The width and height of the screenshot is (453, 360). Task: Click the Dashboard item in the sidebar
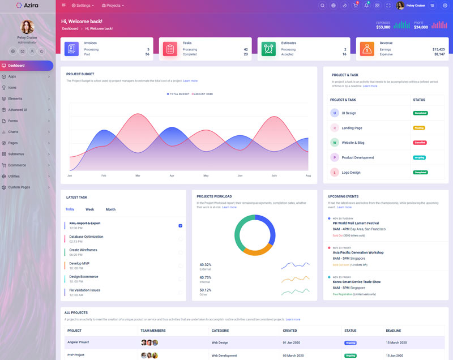click(17, 66)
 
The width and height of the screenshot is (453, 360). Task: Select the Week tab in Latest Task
click(90, 209)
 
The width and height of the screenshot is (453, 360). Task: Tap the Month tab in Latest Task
click(110, 209)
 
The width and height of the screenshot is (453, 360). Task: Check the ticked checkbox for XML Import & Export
click(180, 225)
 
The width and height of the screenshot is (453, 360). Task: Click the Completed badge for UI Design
click(420, 113)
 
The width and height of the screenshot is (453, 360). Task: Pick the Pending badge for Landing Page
click(419, 128)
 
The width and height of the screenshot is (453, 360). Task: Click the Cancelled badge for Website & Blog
click(420, 143)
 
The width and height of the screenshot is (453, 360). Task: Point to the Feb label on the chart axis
click(104, 175)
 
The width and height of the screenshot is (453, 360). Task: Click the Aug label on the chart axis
click(308, 175)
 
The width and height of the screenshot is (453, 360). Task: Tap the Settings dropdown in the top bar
click(83, 6)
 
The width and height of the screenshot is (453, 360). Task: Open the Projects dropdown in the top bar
click(113, 6)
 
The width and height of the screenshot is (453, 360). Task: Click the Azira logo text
click(31, 5)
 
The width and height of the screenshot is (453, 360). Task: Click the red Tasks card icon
click(170, 49)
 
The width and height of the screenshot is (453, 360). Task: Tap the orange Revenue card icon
click(367, 49)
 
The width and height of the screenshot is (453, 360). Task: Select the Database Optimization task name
click(86, 237)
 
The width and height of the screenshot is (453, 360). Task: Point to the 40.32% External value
click(205, 264)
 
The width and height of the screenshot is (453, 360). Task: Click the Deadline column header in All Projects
click(394, 331)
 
